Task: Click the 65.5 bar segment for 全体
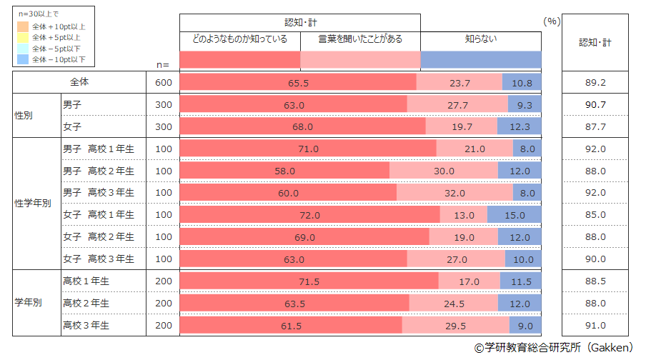pyautogui.click(x=298, y=83)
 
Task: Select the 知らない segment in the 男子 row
pyautogui.click(x=524, y=105)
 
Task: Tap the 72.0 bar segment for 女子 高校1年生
pyautogui.click(x=309, y=215)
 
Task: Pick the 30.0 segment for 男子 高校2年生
pyautogui.click(x=444, y=171)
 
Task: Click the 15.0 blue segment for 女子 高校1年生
pyautogui.click(x=514, y=215)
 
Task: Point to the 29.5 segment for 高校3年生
pyautogui.click(x=456, y=326)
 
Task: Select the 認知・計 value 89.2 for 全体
pyautogui.click(x=595, y=83)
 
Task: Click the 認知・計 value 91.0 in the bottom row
pyautogui.click(x=595, y=326)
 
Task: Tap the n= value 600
pyautogui.click(x=164, y=83)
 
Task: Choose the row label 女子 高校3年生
pyautogui.click(x=99, y=259)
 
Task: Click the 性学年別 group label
pyautogui.click(x=33, y=203)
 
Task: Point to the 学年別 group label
pyautogui.click(x=29, y=303)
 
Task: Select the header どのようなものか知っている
pyautogui.click(x=239, y=39)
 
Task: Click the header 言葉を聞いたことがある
pyautogui.click(x=360, y=39)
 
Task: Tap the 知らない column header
pyautogui.click(x=480, y=39)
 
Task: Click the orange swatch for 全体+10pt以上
pyautogui.click(x=23, y=26)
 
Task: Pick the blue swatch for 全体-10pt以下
pyautogui.click(x=23, y=59)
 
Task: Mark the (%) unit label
pyautogui.click(x=551, y=21)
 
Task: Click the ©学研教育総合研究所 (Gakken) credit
pyautogui.click(x=553, y=348)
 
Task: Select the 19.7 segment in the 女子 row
pyautogui.click(x=461, y=127)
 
